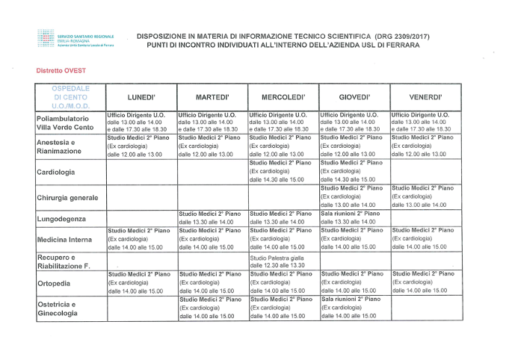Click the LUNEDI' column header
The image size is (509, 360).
pyautogui.click(x=141, y=97)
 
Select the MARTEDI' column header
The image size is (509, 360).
pyautogui.click(x=212, y=97)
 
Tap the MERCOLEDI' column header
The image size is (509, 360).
pyautogui.click(x=282, y=97)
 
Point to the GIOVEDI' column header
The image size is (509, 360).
pyautogui.click(x=353, y=97)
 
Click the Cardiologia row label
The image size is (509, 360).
pyautogui.click(x=59, y=172)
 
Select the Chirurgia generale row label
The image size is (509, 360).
pyautogui.click(x=68, y=197)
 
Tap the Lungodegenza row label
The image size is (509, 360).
pyautogui.click(x=61, y=219)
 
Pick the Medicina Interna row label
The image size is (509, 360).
pyautogui.click(x=67, y=240)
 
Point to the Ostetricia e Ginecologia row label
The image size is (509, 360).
pyautogui.click(x=60, y=309)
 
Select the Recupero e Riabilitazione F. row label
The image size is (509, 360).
pyautogui.click(x=64, y=261)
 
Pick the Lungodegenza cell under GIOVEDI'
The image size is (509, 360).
pyautogui.click(x=353, y=217)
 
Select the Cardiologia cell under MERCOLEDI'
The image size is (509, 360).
pyautogui.click(x=282, y=171)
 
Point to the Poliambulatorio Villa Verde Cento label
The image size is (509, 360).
pyautogui.click(x=68, y=122)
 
